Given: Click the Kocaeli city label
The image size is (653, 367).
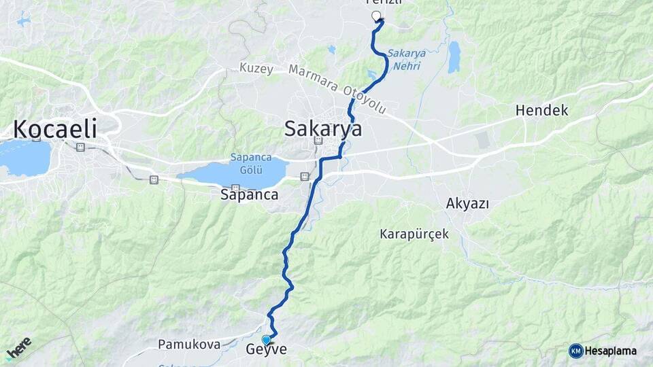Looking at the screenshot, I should (x=55, y=128).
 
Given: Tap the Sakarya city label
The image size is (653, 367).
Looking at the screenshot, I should (x=323, y=128).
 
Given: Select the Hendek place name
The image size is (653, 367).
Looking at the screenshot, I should (x=541, y=109).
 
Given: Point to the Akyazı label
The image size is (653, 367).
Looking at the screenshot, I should (x=468, y=203).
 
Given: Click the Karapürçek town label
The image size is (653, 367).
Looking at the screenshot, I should (x=414, y=234).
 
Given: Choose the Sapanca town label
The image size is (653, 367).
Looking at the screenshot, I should (x=249, y=194).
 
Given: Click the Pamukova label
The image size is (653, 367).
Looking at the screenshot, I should (x=189, y=345).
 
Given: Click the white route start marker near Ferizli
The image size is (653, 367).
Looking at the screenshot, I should (x=376, y=16).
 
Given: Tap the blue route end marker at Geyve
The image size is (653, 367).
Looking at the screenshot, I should (x=266, y=340).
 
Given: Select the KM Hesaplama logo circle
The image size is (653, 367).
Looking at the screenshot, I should (x=575, y=351).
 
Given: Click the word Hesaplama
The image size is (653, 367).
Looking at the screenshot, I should (x=611, y=351).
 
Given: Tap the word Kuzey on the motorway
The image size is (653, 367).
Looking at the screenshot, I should (x=256, y=69).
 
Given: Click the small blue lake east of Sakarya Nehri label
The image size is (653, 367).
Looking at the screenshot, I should (x=454, y=57).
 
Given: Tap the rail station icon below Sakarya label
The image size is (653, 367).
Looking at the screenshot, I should (x=318, y=141).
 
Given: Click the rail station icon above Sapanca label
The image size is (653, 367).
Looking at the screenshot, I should (x=235, y=188).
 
